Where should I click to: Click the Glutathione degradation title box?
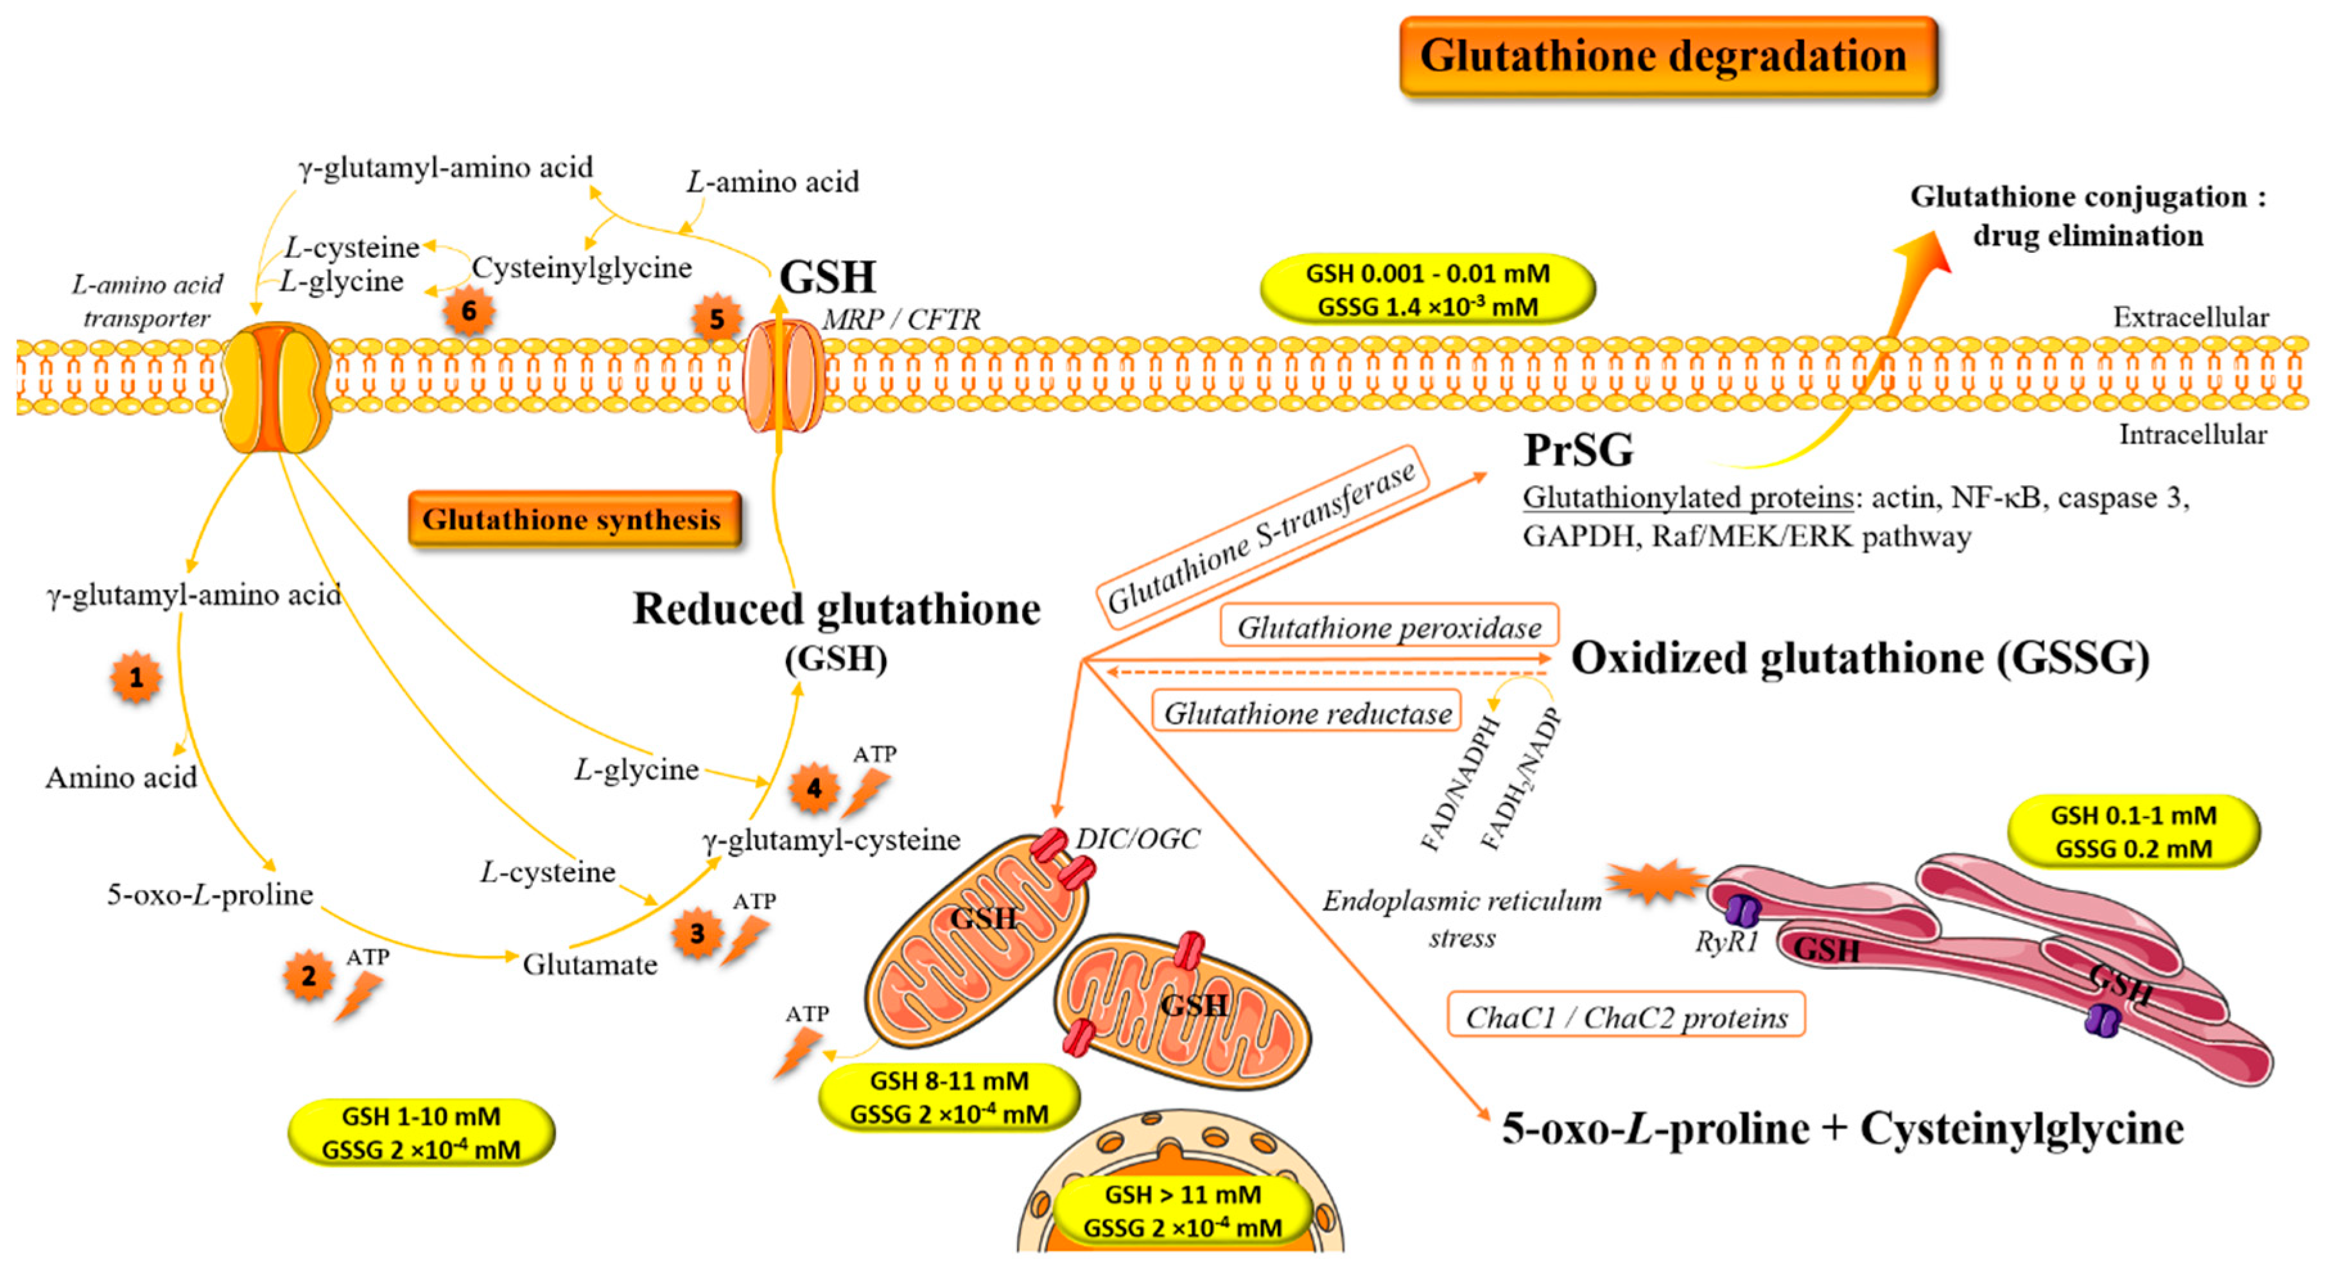[1667, 56]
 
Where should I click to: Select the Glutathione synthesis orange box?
[573, 520]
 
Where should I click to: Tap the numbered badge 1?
[136, 678]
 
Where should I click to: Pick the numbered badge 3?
[697, 933]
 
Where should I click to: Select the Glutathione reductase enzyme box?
[1307, 713]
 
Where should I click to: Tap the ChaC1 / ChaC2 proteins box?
[1626, 1017]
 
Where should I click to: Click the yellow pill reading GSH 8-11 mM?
[949, 1097]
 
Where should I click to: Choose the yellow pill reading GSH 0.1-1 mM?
[2133, 832]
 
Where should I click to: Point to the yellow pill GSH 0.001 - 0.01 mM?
[1427, 289]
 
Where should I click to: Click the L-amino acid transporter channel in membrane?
[276, 388]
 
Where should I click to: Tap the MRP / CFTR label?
[901, 320]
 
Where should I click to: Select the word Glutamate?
[589, 965]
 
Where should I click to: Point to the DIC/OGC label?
[1137, 839]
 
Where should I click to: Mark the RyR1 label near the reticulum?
[1726, 943]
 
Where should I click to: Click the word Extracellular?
[2190, 318]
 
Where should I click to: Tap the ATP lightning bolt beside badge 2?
[360, 996]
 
